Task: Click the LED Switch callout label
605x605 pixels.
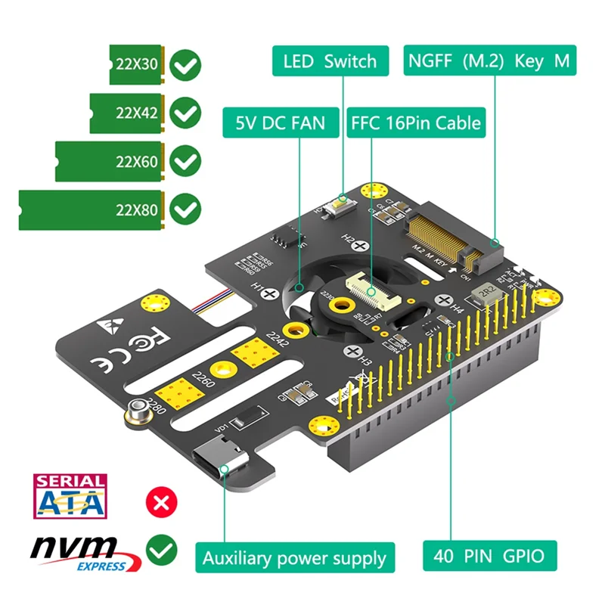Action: pyautogui.click(x=330, y=60)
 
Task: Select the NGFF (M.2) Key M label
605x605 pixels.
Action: pyautogui.click(x=489, y=60)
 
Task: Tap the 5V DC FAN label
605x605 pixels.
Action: pyautogui.click(x=281, y=122)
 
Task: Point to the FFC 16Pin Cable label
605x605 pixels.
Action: pyautogui.click(x=415, y=122)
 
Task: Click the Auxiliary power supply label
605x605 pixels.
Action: pyautogui.click(x=294, y=559)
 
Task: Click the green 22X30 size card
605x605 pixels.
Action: pyautogui.click(x=136, y=65)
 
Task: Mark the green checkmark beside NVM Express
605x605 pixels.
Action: pyautogui.click(x=160, y=550)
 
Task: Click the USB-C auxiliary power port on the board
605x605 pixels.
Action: pyautogui.click(x=219, y=461)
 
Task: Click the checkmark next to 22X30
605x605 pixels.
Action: pyautogui.click(x=185, y=66)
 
